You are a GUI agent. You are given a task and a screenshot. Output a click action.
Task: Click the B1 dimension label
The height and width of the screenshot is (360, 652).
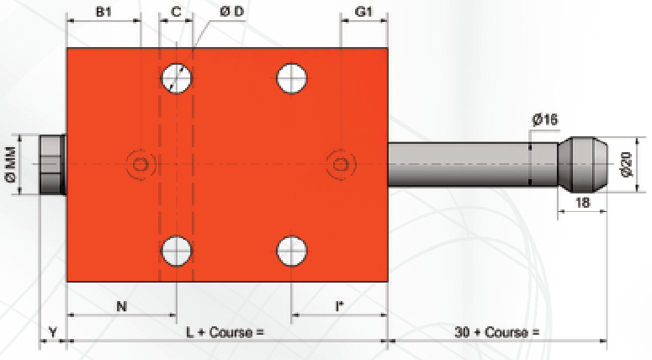104,12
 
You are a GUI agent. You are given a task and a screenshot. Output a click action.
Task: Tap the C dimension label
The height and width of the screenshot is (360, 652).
177,12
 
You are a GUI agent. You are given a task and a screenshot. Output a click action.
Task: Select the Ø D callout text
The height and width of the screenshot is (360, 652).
232,11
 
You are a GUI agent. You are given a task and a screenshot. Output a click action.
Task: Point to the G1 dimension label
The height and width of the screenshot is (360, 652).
363,12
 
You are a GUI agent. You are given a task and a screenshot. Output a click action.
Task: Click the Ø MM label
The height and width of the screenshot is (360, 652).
11,164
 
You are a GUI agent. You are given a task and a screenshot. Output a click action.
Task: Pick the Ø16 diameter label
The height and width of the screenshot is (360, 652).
545,120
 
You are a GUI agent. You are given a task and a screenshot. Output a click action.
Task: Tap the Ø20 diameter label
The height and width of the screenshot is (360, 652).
628,165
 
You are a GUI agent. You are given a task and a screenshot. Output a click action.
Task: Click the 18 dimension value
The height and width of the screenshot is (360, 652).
582,203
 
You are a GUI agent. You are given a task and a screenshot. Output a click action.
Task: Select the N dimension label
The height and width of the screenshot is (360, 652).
121,307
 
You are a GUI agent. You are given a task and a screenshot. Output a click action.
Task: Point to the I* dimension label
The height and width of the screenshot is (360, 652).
339,307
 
